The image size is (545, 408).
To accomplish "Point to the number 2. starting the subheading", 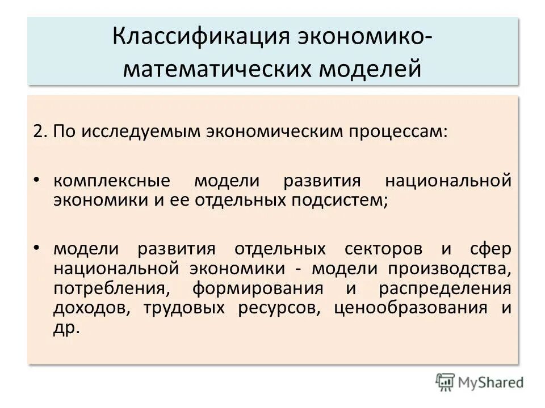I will coord(40,131).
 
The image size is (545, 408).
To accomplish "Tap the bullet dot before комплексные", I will coord(37,180).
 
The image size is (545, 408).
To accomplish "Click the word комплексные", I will coord(111,182).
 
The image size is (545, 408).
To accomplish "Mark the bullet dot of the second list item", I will coord(37,248).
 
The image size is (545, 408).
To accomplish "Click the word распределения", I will coord(445,288).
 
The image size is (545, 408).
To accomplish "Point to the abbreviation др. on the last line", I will coord(66,328).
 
